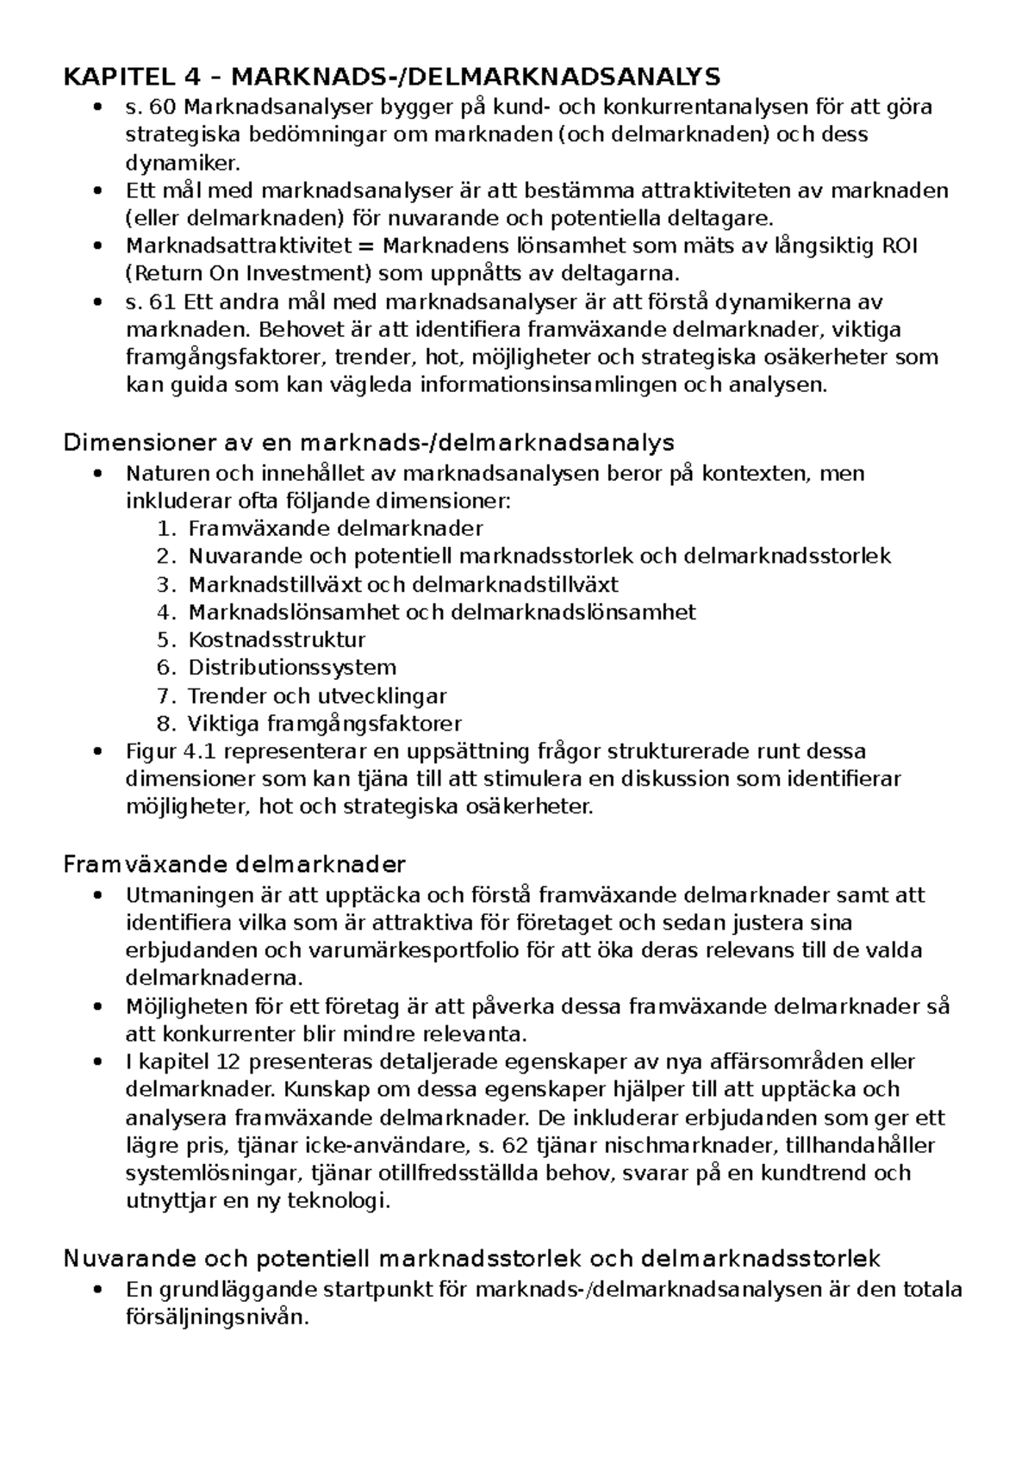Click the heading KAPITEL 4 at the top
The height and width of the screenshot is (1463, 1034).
pos(130,78)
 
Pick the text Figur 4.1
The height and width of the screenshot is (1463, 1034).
pos(163,751)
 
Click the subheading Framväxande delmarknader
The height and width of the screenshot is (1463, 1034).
pos(234,864)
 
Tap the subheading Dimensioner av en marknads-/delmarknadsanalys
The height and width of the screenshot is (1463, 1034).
pos(369,443)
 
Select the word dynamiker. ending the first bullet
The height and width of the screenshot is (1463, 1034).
pos(184,162)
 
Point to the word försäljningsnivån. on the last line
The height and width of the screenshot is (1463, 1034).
pos(217,1317)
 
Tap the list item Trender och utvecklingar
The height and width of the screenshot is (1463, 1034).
pos(317,696)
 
